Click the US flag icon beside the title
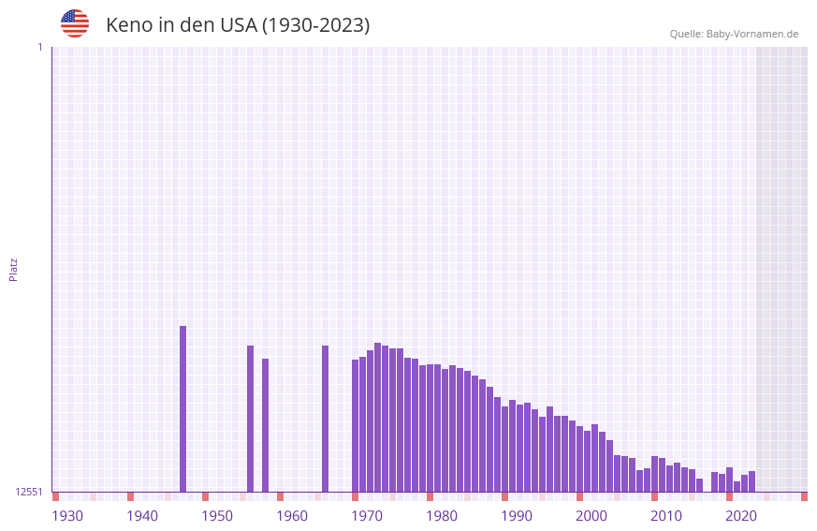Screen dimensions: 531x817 pyautogui.click(x=75, y=23)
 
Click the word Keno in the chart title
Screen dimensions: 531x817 pyautogui.click(x=128, y=25)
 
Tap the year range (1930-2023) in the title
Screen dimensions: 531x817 pyautogui.click(x=315, y=25)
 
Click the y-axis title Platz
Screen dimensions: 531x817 pyautogui.click(x=13, y=269)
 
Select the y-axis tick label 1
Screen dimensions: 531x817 pyautogui.click(x=39, y=47)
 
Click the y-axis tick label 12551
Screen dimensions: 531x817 pyautogui.click(x=29, y=492)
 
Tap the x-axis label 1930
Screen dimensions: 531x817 pyautogui.click(x=67, y=516)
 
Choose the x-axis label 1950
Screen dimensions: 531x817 pyautogui.click(x=217, y=516)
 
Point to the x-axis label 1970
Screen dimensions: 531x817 pyautogui.click(x=367, y=516)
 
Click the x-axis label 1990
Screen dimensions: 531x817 pyautogui.click(x=517, y=516)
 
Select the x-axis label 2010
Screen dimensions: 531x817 pyautogui.click(x=666, y=516)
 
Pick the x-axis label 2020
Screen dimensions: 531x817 pyautogui.click(x=741, y=516)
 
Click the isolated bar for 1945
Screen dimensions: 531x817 pyautogui.click(x=182, y=409)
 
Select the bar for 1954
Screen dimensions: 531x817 pyautogui.click(x=250, y=419)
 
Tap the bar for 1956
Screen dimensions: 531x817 pyautogui.click(x=265, y=425)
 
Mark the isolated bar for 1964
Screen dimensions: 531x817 pyautogui.click(x=325, y=419)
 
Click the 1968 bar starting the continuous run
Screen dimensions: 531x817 pyautogui.click(x=355, y=426)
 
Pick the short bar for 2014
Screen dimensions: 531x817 pyautogui.click(x=699, y=485)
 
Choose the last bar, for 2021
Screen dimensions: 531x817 pyautogui.click(x=751, y=481)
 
